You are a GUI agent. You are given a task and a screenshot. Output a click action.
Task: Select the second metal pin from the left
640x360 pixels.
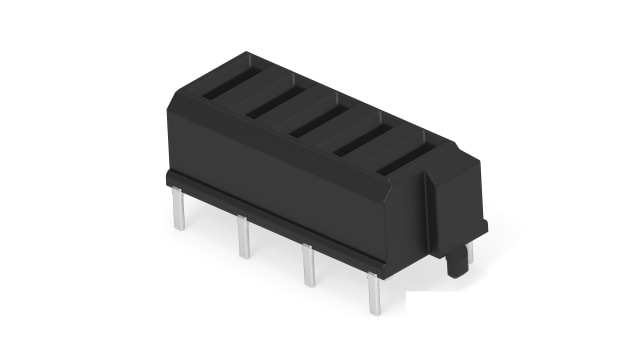[x=243, y=238]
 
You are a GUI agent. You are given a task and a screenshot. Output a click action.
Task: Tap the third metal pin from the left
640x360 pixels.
[x=308, y=266]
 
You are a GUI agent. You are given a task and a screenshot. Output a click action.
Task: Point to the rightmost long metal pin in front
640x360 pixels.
[x=374, y=295]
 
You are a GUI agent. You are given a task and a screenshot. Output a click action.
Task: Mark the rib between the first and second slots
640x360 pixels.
[x=250, y=93]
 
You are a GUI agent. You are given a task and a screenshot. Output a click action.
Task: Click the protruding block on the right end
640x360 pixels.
[x=455, y=195]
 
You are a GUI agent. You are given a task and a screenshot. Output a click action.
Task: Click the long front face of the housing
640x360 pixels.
[x=290, y=185]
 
